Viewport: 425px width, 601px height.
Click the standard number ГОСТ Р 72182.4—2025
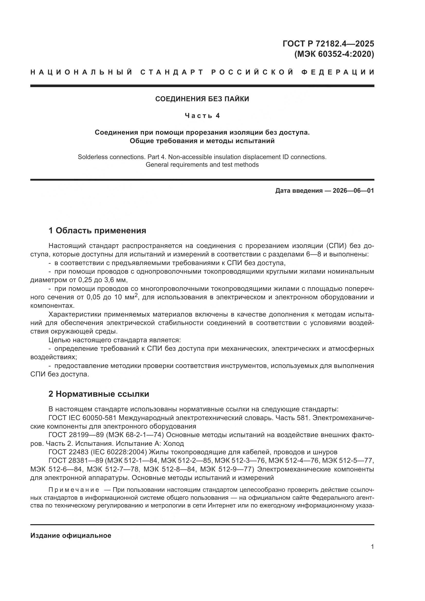(x=328, y=43)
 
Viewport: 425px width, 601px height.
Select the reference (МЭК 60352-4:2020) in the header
(x=334, y=54)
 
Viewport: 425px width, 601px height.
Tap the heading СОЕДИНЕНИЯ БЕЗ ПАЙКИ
(x=202, y=99)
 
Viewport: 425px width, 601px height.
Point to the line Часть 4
(x=202, y=116)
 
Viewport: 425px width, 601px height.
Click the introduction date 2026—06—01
(x=353, y=191)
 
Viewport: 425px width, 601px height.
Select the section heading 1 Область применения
(x=97, y=230)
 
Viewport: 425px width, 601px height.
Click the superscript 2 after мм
(x=136, y=295)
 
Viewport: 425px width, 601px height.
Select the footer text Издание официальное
(x=71, y=535)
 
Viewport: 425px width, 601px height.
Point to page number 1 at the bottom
(x=372, y=547)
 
